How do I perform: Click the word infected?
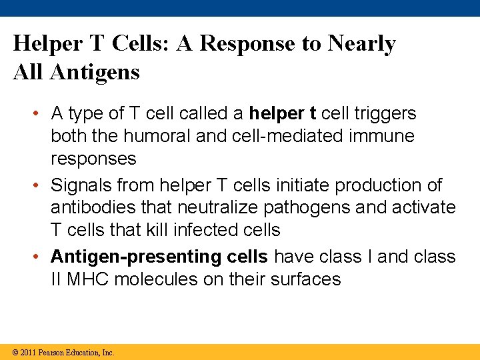coord(203,230)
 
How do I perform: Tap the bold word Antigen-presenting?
coord(126,257)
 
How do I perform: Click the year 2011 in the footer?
coord(28,353)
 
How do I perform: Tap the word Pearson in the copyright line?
coord(51,353)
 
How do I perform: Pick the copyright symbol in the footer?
coord(14,353)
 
